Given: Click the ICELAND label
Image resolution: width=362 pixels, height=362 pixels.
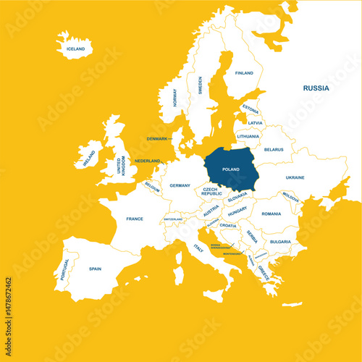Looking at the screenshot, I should pos(75,49).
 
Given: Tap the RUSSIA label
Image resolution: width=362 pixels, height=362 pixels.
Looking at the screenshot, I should pos(316,88).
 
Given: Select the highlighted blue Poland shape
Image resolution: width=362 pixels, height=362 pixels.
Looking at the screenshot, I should pos(230,169).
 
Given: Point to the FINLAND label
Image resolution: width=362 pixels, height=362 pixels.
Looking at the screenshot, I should pos(244,73).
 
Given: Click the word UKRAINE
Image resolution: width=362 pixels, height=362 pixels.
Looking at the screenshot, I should pos(295,177).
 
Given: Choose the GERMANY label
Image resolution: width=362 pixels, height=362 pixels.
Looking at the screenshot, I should pos(180,186).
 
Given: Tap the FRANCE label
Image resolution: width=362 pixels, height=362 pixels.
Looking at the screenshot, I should pos(134,219).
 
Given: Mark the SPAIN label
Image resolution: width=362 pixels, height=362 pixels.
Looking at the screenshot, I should pos(95,269).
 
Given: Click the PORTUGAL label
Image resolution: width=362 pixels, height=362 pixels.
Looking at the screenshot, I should pos(66,270).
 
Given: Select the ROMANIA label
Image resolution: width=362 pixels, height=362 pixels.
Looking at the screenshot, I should pos(271,214).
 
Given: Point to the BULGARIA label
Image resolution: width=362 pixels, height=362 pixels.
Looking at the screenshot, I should pos(279,242).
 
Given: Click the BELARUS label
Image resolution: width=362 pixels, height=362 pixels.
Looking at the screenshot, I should pos(274,150).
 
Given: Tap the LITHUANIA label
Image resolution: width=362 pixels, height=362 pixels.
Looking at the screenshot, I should pos(248,136).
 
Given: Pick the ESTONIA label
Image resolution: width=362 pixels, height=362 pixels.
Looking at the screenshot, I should pos(251,110).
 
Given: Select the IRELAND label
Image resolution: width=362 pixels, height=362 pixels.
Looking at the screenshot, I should pos(89,159).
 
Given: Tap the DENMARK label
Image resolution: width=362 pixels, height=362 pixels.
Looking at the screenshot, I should pos(157,138).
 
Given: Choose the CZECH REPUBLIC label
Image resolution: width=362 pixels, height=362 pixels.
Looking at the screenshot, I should pos(211,191).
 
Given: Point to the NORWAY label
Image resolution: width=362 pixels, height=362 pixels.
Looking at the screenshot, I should pos(174,98).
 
